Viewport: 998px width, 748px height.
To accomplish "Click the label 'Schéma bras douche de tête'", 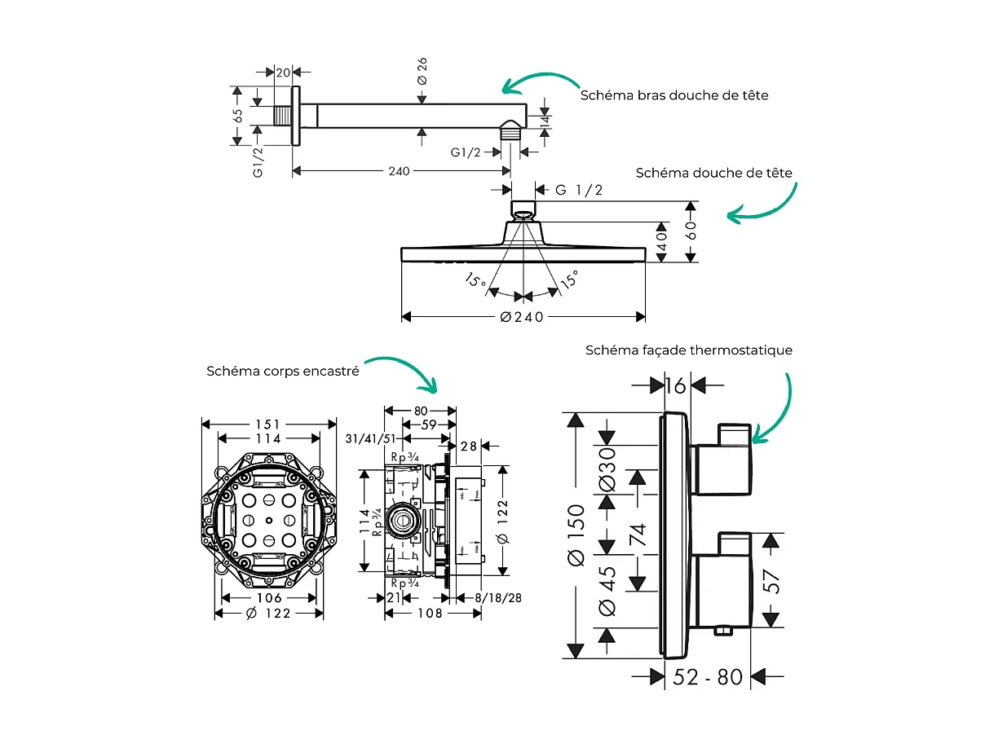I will click(x=673, y=95).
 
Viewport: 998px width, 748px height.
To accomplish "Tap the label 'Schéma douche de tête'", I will click(x=713, y=173).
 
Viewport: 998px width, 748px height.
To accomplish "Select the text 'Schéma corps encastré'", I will click(x=283, y=371).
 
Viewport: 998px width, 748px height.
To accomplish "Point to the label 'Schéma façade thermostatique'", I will click(x=688, y=350).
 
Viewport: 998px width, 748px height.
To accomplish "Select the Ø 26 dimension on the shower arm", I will click(x=422, y=71).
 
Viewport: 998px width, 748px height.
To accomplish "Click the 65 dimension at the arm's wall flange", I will click(x=238, y=116).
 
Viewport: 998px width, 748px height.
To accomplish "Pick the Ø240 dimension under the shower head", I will click(x=522, y=317).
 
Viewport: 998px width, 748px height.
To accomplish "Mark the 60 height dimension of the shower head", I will click(x=691, y=231).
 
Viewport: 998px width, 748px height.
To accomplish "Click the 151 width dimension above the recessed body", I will click(x=267, y=425).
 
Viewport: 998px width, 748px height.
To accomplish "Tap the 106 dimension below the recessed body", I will click(x=268, y=598).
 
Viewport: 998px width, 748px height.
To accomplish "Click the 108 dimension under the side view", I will click(x=431, y=613).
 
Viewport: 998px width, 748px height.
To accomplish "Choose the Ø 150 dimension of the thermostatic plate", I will click(x=576, y=535).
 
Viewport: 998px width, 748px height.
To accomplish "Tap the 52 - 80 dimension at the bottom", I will click(x=708, y=676).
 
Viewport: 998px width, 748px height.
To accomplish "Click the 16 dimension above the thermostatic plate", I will click(x=675, y=385).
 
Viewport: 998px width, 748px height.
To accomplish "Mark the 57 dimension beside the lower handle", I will click(x=771, y=581).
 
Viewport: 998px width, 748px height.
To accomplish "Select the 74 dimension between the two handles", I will click(x=637, y=535).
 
